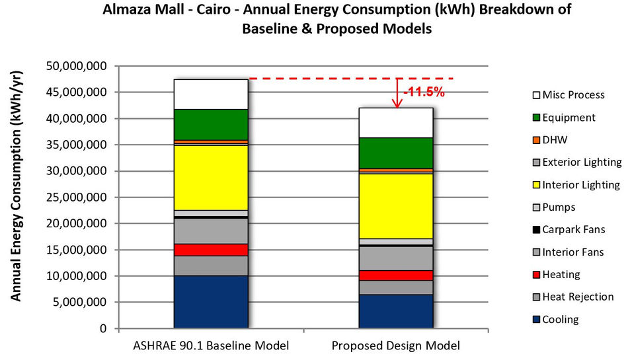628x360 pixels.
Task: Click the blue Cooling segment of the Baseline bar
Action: click(x=211, y=301)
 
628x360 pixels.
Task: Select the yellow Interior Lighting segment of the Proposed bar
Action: click(x=396, y=205)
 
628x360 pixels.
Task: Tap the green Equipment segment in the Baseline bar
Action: click(x=211, y=124)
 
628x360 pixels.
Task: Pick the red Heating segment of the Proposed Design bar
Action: click(x=396, y=275)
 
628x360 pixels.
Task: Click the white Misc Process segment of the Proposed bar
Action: click(x=396, y=122)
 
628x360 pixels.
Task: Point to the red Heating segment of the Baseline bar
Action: click(x=211, y=250)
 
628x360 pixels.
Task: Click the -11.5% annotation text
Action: click(x=424, y=92)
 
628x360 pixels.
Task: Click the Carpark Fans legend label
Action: click(x=573, y=230)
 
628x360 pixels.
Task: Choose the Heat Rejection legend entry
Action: click(x=578, y=297)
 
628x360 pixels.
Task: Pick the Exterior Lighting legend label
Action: click(x=582, y=162)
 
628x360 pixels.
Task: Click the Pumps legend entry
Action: click(x=559, y=207)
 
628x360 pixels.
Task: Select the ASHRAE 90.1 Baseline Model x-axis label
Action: click(x=211, y=345)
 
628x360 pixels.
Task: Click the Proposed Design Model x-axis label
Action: click(x=396, y=345)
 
